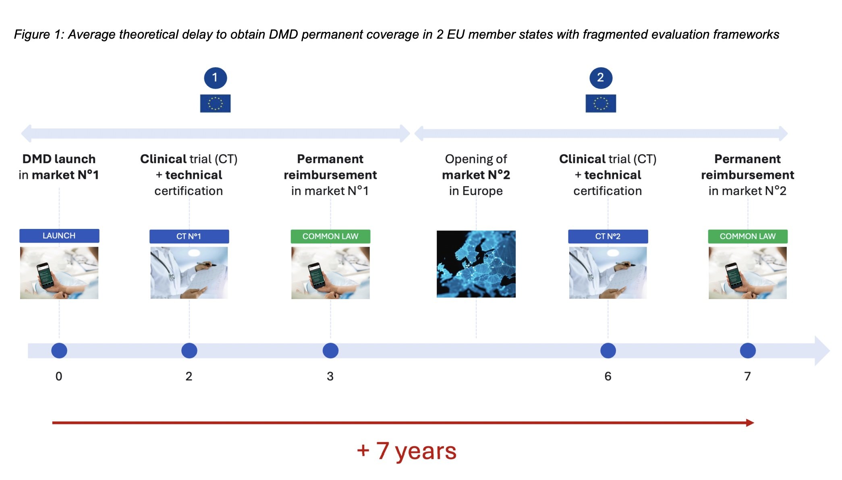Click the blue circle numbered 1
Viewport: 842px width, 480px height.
tap(216, 78)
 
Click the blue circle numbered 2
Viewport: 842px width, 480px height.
tap(601, 78)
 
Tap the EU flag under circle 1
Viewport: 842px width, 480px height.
tap(216, 103)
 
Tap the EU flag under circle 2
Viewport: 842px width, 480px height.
tap(601, 103)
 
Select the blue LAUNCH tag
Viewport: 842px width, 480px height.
tap(59, 236)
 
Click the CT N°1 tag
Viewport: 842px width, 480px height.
tap(189, 236)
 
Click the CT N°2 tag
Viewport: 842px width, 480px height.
tap(608, 236)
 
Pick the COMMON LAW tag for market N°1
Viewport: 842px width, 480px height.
tap(330, 236)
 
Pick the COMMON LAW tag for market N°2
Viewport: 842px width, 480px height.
tap(748, 236)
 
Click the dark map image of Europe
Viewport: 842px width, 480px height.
tap(476, 264)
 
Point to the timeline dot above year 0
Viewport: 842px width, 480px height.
tap(59, 351)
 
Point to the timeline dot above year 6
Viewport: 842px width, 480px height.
tap(608, 351)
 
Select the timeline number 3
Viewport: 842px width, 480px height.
tap(330, 376)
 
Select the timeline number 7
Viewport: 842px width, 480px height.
tap(748, 376)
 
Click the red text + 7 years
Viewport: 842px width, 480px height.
tap(406, 451)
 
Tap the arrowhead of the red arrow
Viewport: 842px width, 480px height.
tap(750, 423)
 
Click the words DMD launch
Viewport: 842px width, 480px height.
tap(59, 159)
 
